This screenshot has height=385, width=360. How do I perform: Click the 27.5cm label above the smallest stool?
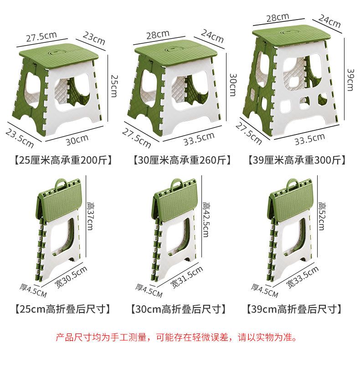pyautogui.click(x=41, y=37)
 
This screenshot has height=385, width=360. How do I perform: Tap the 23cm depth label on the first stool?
pyautogui.click(x=94, y=38)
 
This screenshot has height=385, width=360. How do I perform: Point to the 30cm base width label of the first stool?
pyautogui.click(x=77, y=140)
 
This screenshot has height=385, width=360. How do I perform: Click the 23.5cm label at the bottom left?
pyautogui.click(x=20, y=138)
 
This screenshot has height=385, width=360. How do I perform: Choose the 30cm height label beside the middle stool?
pyautogui.click(x=232, y=85)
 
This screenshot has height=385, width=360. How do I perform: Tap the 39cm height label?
pyautogui.click(x=350, y=80)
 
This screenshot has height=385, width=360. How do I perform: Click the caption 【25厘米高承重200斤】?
pyautogui.click(x=63, y=160)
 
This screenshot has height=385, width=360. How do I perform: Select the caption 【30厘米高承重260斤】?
pyautogui.click(x=182, y=160)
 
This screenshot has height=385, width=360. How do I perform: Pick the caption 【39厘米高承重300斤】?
pyautogui.click(x=297, y=160)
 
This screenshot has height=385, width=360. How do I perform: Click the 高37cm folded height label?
pyautogui.click(x=90, y=216)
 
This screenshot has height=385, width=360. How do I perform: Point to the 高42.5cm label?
pyautogui.click(x=206, y=220)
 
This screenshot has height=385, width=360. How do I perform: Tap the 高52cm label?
pyautogui.click(x=322, y=216)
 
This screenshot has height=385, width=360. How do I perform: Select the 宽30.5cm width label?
pyautogui.click(x=71, y=277)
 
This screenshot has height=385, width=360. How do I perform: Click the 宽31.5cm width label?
pyautogui.click(x=187, y=277)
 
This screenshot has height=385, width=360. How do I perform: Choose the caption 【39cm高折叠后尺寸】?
pyautogui.click(x=294, y=309)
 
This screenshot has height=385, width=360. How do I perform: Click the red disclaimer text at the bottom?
pyautogui.click(x=176, y=337)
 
